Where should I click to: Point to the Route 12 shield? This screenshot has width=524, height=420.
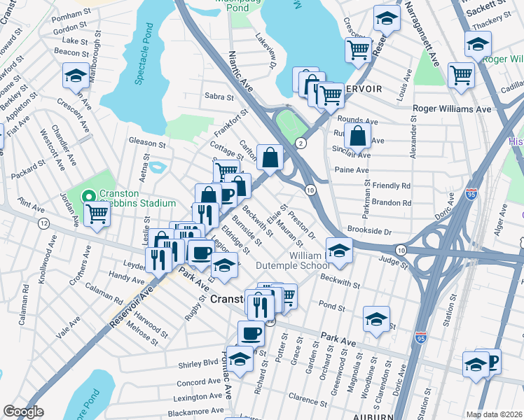43,223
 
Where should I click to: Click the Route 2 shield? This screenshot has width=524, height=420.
301,143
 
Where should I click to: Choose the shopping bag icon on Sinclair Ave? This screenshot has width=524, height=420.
357,136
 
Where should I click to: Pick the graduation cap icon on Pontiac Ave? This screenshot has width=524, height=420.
240,360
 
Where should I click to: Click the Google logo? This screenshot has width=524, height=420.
24,411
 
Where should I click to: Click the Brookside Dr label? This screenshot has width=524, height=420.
372,230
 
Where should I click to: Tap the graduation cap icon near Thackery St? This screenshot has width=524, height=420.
477,44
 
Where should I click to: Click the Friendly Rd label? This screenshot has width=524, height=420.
392,186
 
